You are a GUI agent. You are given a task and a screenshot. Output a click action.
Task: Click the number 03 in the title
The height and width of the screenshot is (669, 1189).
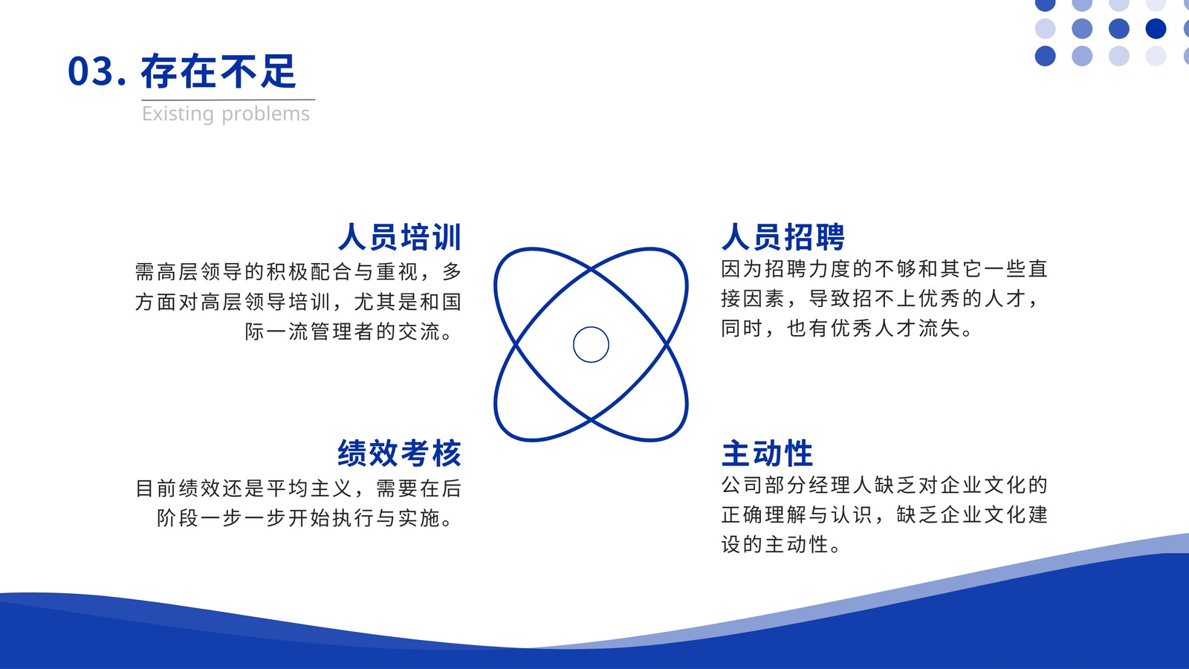click(x=90, y=71)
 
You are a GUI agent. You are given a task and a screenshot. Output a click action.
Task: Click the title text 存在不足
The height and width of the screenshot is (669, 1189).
click(x=218, y=71)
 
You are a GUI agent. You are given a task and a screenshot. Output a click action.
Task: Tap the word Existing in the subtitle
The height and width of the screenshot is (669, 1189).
click(x=178, y=114)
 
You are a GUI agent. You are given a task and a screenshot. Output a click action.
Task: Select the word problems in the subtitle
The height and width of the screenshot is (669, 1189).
click(x=265, y=114)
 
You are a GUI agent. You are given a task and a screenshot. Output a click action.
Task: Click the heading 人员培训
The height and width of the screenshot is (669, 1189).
click(x=400, y=237)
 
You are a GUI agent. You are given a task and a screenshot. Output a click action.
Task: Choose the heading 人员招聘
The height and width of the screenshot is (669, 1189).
click(x=783, y=237)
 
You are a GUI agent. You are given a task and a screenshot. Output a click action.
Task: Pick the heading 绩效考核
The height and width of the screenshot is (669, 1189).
click(x=400, y=453)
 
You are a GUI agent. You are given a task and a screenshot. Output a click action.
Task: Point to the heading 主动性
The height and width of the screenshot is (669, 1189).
click(x=767, y=453)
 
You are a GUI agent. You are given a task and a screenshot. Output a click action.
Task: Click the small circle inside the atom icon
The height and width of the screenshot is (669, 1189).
click(x=591, y=327)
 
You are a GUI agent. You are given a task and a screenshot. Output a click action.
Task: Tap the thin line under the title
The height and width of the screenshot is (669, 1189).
click(x=228, y=100)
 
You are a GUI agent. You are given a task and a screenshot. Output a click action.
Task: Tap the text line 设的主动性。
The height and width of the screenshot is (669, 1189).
click(x=781, y=545)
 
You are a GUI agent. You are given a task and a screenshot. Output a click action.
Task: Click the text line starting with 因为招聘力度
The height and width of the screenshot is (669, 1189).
click(x=884, y=269)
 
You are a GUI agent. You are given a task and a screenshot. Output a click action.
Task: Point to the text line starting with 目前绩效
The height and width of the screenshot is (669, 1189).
click(x=298, y=488)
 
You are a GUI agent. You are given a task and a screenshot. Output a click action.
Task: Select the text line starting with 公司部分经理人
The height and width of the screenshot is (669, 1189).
click(x=884, y=485)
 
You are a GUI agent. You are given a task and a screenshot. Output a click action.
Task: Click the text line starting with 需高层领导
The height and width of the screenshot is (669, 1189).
click(x=298, y=272)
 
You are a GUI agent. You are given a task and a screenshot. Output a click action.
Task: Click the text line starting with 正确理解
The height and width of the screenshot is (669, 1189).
click(x=884, y=515)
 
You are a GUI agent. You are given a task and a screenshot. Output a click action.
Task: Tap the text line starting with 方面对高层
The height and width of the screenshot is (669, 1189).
click(x=298, y=302)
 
